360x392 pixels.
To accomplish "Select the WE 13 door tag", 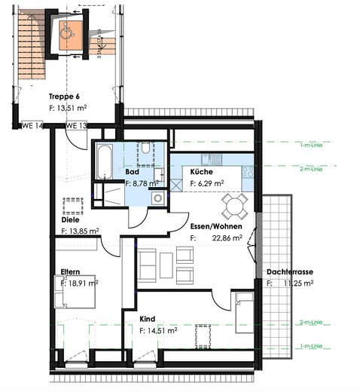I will [x=76, y=125].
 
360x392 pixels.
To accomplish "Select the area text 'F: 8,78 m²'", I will [x=142, y=182].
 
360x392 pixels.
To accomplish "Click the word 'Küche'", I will [x=202, y=172].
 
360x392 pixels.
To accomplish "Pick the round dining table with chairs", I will [x=234, y=204].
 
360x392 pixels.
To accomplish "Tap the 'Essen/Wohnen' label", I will [x=216, y=225].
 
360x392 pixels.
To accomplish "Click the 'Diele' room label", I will [x=71, y=220].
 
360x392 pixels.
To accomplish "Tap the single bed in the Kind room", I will [x=244, y=311].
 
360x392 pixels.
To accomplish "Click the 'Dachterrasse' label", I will [x=290, y=272].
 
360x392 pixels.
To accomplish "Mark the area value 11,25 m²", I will [x=297, y=283].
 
